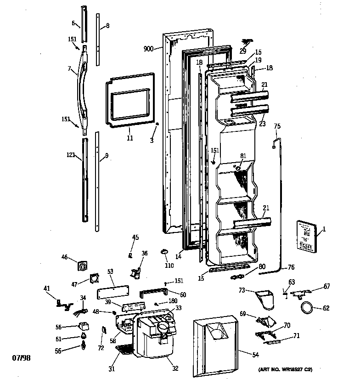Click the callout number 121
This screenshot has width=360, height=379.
70,156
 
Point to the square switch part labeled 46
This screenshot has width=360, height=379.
83,266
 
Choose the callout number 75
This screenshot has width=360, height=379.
277,126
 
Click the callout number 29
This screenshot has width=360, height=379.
243,51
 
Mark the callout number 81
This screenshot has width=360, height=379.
243,156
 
